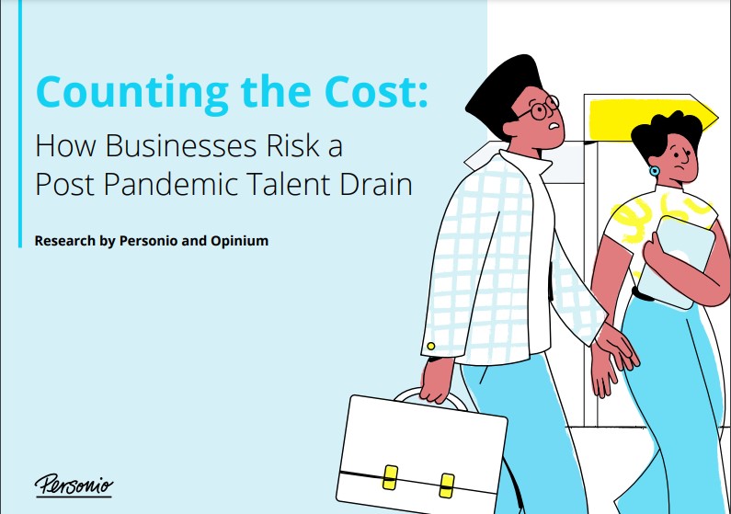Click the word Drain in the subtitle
(376, 184)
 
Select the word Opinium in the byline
(240, 242)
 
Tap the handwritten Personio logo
(74, 486)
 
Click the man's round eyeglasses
(540, 109)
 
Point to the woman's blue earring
(655, 171)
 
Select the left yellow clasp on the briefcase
(390, 477)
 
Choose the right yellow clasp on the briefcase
(447, 485)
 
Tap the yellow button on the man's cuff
(431, 346)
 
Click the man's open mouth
(554, 125)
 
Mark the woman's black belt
(643, 294)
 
